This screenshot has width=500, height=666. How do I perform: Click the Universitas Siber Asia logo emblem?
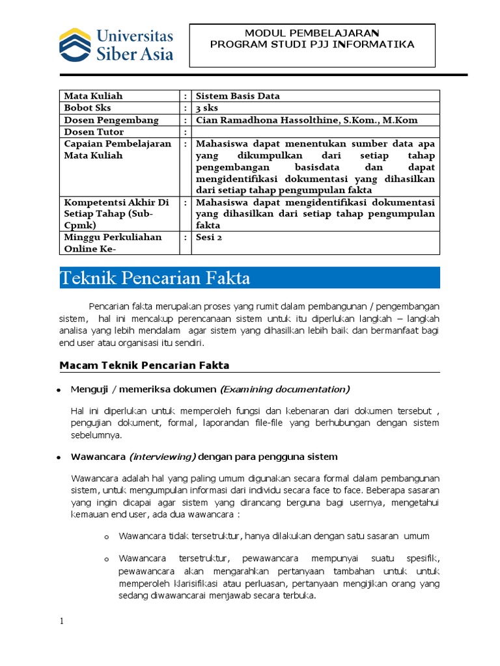tap(75, 44)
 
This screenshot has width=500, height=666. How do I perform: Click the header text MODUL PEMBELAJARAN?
tap(312, 33)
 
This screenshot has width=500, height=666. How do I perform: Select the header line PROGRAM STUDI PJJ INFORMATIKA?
tap(312, 44)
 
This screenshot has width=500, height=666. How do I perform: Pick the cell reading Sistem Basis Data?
tap(238, 96)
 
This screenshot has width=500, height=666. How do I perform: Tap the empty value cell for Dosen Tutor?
tap(316, 132)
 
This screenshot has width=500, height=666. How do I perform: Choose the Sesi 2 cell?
tap(209, 237)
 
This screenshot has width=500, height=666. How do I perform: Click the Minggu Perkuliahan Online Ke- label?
tap(113, 243)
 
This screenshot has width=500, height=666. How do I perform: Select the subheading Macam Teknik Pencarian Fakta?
tap(145, 366)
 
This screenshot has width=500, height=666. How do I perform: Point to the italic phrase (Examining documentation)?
tap(285, 390)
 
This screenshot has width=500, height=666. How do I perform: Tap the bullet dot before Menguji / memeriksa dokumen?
tap(59, 390)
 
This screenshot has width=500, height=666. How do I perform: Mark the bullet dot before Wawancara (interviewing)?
tap(59, 457)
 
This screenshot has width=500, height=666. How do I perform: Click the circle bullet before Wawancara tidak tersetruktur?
tap(107, 537)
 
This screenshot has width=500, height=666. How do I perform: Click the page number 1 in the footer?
tap(62, 622)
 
